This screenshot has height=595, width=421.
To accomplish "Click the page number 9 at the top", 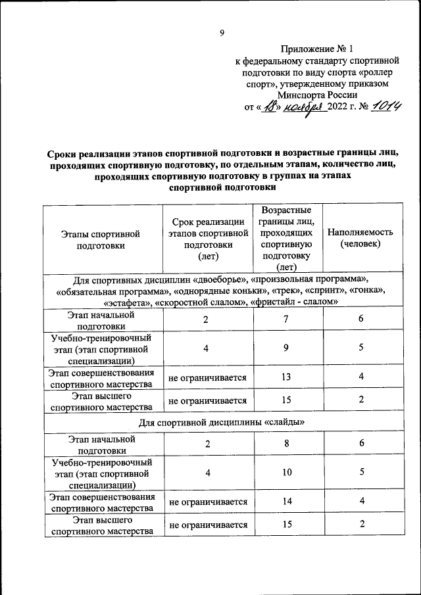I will (222, 33).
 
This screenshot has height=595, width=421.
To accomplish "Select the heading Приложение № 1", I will (316, 49).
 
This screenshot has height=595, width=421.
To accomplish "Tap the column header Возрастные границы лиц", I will (286, 239).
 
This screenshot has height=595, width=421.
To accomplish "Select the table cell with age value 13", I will (286, 377).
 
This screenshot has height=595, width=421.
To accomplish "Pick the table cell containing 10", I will (286, 472).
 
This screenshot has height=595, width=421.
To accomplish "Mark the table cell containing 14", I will (286, 502).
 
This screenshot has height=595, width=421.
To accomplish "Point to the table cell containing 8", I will (286, 444).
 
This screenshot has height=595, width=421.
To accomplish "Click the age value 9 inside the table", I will (286, 348).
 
